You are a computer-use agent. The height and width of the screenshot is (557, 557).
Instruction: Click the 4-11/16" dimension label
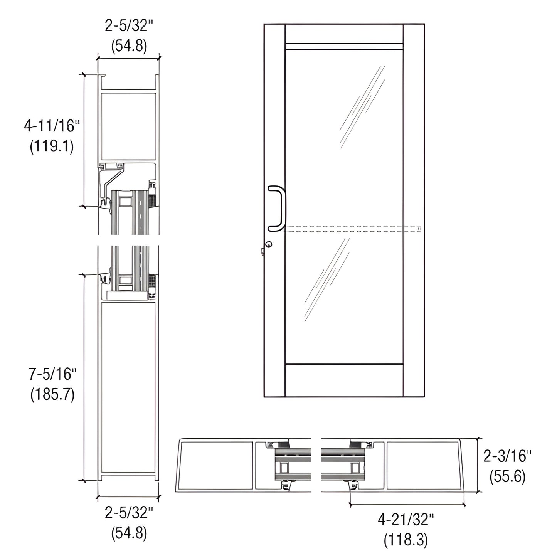click(x=52, y=126)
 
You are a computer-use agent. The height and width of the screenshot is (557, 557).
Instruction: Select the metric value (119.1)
click(x=52, y=147)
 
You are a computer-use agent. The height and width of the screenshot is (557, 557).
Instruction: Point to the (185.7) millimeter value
click(x=52, y=394)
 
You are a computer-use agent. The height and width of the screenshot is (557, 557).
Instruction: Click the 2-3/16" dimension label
click(x=507, y=456)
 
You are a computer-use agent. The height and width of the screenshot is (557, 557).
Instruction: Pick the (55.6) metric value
click(x=507, y=477)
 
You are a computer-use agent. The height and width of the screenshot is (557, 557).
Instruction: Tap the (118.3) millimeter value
click(x=406, y=540)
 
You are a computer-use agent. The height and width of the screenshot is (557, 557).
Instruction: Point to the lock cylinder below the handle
click(x=268, y=244)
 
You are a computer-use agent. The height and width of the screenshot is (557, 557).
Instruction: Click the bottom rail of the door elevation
click(x=344, y=380)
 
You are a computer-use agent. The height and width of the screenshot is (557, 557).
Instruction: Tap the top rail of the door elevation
click(x=344, y=34)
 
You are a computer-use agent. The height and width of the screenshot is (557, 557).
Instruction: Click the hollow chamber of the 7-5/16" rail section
click(x=128, y=387)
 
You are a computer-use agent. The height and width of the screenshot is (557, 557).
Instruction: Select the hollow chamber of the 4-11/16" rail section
click(x=128, y=126)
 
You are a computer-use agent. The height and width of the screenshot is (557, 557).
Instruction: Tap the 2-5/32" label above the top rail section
click(x=129, y=26)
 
